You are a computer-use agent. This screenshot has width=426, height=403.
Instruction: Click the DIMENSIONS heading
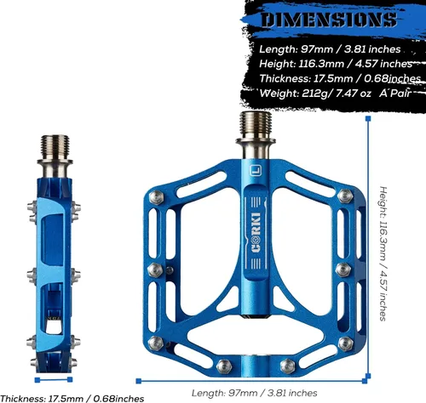click(x=329, y=20)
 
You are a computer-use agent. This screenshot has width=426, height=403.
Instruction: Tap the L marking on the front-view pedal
click(x=256, y=171)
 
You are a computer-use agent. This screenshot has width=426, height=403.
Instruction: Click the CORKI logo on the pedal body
click(x=256, y=232)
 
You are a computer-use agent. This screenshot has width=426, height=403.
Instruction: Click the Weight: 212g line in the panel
click(x=335, y=94)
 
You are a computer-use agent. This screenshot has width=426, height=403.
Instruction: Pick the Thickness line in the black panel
click(x=340, y=78)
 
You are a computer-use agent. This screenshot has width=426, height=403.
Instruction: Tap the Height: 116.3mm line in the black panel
click(x=336, y=64)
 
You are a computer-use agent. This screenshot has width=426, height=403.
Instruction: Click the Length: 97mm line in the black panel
click(x=330, y=49)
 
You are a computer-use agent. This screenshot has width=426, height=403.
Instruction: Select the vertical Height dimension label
click(x=383, y=253)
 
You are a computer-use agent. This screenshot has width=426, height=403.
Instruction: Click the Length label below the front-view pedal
click(x=254, y=393)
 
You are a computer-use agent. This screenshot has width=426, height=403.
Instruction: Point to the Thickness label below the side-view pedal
click(x=72, y=398)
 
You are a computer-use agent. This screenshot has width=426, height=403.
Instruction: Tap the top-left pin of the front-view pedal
click(x=156, y=197)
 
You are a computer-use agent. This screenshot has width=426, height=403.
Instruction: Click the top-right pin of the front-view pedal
click(x=345, y=196)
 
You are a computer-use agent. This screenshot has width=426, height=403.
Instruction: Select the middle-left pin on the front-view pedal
click(x=155, y=270)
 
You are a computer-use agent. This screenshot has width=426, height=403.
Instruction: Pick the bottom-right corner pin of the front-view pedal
click(x=346, y=343)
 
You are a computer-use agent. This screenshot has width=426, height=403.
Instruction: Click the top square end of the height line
click(x=368, y=118)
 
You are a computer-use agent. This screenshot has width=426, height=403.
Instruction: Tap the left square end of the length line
click(x=139, y=381)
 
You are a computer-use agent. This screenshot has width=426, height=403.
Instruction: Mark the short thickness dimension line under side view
click(x=54, y=380)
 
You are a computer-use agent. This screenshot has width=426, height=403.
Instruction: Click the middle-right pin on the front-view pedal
click(x=343, y=270)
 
